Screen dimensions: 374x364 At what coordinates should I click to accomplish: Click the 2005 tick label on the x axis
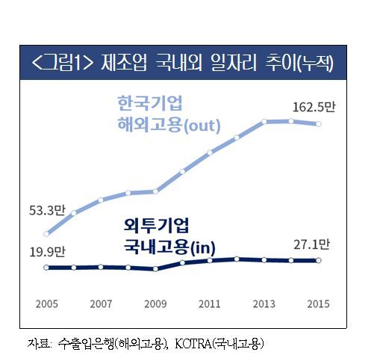pyautogui.click(x=46, y=304)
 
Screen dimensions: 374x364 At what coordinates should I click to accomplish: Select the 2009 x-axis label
pyautogui.click(x=155, y=304)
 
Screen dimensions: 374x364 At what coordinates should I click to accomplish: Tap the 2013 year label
pyautogui.click(x=264, y=304)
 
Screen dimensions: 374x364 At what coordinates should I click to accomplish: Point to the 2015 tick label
pyautogui.click(x=318, y=304)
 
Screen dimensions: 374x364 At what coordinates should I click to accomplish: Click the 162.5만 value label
pyautogui.click(x=314, y=107)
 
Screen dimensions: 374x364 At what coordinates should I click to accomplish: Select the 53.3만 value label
pyautogui.click(x=47, y=210)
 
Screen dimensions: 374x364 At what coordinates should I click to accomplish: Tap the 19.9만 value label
pyautogui.click(x=47, y=252)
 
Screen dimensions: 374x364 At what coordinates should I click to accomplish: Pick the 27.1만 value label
pyautogui.click(x=311, y=244)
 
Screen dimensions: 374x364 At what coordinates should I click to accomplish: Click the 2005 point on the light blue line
pyautogui.click(x=46, y=234)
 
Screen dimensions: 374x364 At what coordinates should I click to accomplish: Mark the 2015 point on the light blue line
pyautogui.click(x=318, y=124)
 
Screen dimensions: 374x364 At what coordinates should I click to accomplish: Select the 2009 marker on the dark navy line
pyautogui.click(x=155, y=269)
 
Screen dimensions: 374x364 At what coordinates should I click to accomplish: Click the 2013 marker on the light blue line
pyautogui.click(x=264, y=122)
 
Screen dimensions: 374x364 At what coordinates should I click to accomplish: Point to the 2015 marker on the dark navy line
pyautogui.click(x=319, y=260)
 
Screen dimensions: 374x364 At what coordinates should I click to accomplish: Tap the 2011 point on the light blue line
pyautogui.click(x=210, y=152)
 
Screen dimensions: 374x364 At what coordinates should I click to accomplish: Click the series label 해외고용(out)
pyautogui.click(x=169, y=125)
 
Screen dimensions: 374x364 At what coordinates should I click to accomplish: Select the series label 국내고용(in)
pyautogui.click(x=169, y=247)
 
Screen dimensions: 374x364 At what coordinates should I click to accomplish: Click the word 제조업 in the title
pyautogui.click(x=124, y=62)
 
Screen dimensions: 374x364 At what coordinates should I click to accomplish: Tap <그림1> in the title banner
pyautogui.click(x=63, y=62)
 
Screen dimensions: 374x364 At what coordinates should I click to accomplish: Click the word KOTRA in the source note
pyautogui.click(x=193, y=344)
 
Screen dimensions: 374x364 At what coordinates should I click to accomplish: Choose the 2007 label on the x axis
pyautogui.click(x=101, y=304)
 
